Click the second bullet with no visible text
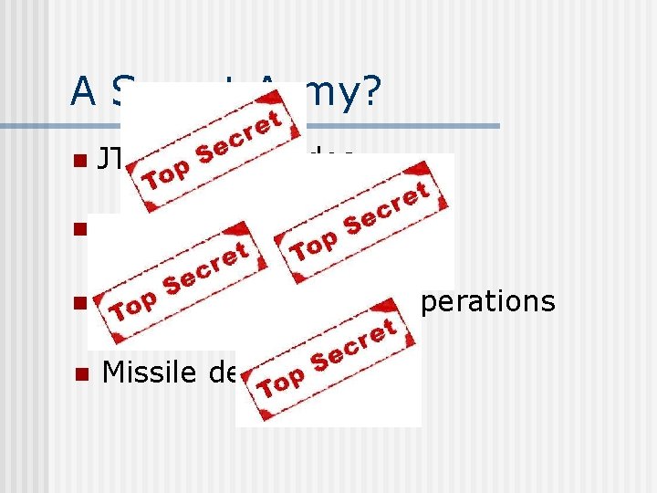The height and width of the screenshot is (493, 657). click(80, 228)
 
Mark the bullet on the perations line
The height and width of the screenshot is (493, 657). click(80, 302)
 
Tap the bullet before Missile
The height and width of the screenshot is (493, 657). click(80, 372)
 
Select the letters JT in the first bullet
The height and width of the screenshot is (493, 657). click(110, 161)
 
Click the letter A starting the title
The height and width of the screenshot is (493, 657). click(83, 90)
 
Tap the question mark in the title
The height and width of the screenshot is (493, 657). click(370, 90)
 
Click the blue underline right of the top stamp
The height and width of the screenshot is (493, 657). click(401, 125)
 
